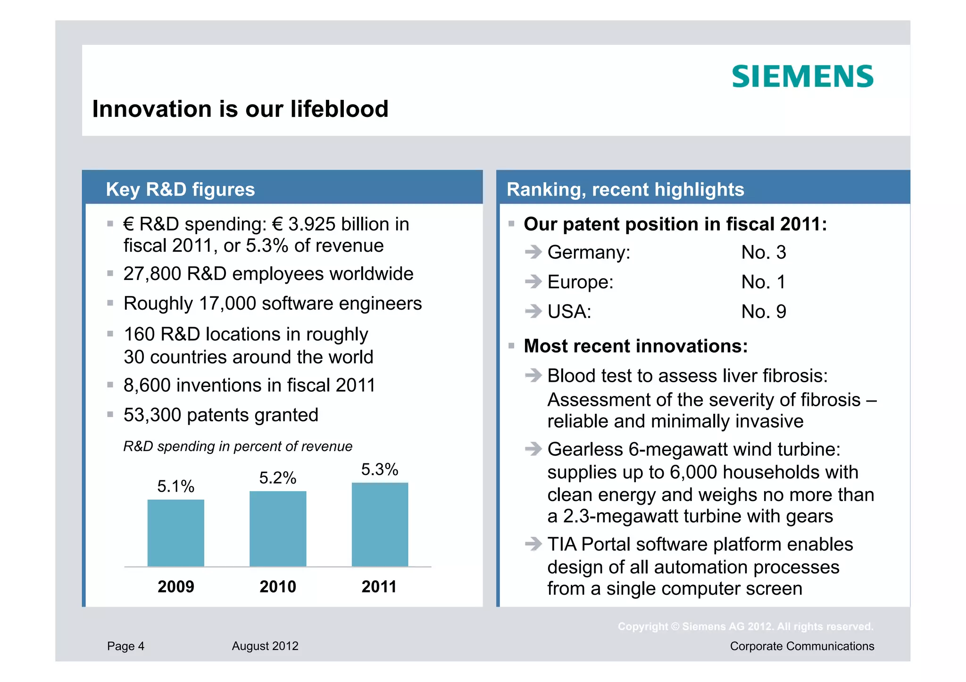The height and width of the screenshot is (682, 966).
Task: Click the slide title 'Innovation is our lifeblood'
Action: point(240,109)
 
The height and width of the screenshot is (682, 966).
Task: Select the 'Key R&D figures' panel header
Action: point(180,189)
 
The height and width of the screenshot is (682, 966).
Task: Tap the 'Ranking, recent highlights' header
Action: point(625,189)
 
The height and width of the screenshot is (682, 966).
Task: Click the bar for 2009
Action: point(175,533)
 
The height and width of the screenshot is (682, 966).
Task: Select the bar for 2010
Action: point(278,528)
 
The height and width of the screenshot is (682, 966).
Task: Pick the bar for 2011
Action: point(380,524)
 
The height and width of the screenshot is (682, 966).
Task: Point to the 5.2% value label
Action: point(277,478)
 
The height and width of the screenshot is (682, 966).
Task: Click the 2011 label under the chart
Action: point(379,587)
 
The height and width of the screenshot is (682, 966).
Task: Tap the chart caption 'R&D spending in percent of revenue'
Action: point(238,446)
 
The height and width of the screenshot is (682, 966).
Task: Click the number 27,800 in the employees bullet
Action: point(152,274)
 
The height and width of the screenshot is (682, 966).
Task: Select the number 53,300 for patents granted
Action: point(152,415)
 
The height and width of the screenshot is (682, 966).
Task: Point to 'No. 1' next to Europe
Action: point(763,282)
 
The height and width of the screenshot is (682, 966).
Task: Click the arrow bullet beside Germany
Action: point(533,252)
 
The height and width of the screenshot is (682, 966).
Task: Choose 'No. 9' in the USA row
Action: point(763,312)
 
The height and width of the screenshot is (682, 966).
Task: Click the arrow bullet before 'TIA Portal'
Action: point(533,544)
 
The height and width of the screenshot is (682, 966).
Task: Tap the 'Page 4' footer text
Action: point(125,646)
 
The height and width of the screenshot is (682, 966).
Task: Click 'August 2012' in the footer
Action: point(265,646)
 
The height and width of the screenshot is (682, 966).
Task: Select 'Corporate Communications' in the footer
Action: point(802,646)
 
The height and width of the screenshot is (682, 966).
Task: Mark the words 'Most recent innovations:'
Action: point(635,346)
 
